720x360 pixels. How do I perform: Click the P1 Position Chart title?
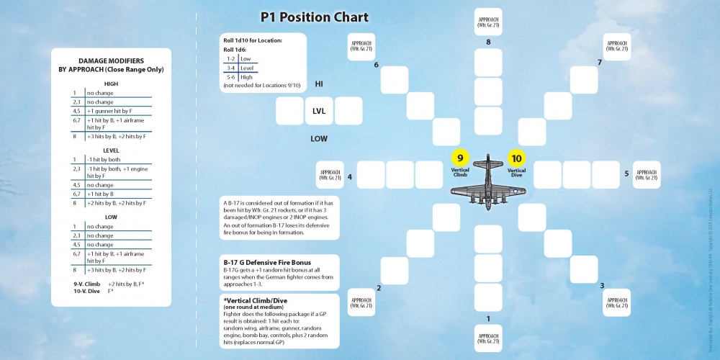pyautogui.click(x=314, y=17)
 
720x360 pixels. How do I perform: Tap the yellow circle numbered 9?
pyautogui.click(x=460, y=159)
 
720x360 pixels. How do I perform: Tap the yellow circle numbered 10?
pyautogui.click(x=516, y=159)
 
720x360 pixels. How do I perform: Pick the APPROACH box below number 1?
pyautogui.click(x=488, y=338)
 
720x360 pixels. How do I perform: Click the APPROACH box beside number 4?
pyautogui.click(x=330, y=174)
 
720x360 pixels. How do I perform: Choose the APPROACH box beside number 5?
pyautogui.click(x=646, y=174)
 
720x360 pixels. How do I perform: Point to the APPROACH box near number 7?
pyautogui.click(x=616, y=47)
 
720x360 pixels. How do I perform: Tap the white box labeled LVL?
pyautogui.click(x=319, y=112)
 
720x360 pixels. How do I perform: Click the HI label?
pyautogui.click(x=319, y=84)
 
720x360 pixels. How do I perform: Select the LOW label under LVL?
pyautogui.click(x=319, y=138)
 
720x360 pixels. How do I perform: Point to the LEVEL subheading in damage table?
pyautogui.click(x=111, y=150)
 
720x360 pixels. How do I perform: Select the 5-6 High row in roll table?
pyautogui.click(x=240, y=77)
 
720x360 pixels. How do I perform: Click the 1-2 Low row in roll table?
pyautogui.click(x=238, y=58)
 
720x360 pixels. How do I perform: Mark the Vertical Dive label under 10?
pyautogui.click(x=516, y=172)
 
